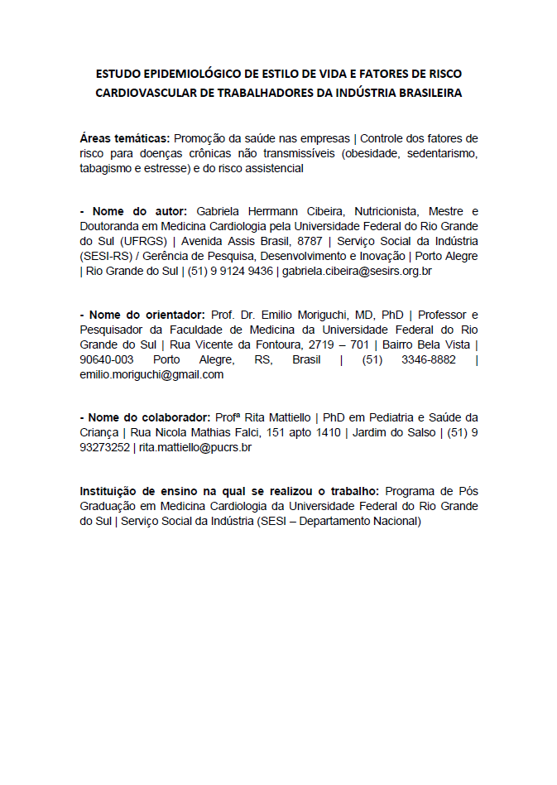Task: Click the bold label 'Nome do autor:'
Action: coord(140,211)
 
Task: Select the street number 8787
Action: coord(310,241)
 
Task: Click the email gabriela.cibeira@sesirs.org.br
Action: coord(357,271)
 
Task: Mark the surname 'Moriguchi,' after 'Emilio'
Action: coord(317,315)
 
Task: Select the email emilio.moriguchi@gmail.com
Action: coord(151,374)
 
